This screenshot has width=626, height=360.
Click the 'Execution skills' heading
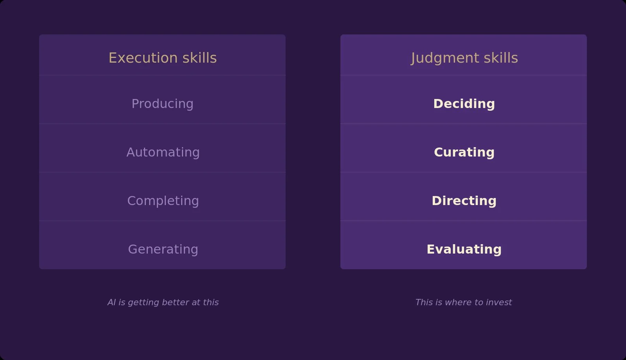(162, 58)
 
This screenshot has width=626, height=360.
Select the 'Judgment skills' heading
(464, 58)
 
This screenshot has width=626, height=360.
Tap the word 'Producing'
(162, 104)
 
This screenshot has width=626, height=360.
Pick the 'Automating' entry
(163, 152)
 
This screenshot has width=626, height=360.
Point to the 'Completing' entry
(163, 201)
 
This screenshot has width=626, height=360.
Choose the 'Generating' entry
(163, 249)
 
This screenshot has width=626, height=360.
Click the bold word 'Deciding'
(464, 104)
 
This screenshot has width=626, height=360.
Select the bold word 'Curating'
(464, 152)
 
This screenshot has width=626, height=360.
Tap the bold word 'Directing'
(464, 201)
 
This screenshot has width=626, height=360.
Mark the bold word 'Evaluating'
(464, 249)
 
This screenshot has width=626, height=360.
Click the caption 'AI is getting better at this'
(163, 302)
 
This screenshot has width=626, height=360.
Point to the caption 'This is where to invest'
(463, 302)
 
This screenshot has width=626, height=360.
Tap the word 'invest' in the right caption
(499, 302)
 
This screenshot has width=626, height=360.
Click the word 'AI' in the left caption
(112, 302)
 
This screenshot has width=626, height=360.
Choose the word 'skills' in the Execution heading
(200, 58)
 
